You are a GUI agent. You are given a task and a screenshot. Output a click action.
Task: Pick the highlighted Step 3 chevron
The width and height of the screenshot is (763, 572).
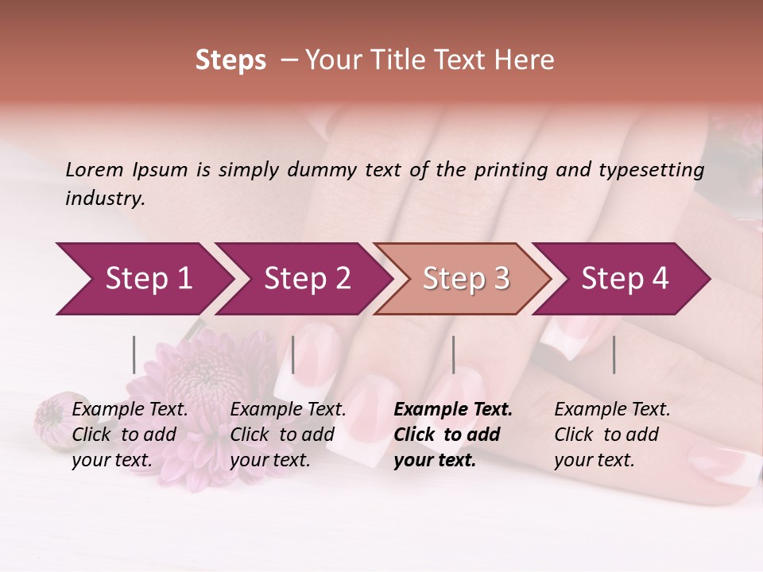pos(465,279)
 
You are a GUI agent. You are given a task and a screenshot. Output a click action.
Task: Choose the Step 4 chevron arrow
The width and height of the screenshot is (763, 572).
pos(624,279)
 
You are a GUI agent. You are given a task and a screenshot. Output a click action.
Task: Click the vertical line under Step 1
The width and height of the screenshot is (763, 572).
pos(134,354)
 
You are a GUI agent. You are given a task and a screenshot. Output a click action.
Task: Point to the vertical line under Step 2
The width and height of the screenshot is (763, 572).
pos(293,354)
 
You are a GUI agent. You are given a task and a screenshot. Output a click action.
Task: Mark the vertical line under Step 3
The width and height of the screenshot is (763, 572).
pos(454,354)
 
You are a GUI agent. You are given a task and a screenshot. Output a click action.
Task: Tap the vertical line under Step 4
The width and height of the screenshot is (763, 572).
pos(614,354)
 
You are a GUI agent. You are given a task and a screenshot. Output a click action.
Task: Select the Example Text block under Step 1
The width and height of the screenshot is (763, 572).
pos(130,435)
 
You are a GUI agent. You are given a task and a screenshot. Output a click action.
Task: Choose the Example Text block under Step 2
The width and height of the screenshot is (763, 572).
pos(288,435)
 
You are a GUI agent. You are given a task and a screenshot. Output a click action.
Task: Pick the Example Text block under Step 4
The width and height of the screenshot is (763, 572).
pos(612,435)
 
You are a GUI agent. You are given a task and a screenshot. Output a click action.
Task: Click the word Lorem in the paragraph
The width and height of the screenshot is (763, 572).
pos(95,170)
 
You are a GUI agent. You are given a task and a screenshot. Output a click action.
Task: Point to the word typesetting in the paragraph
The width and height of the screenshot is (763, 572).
pos(651,170)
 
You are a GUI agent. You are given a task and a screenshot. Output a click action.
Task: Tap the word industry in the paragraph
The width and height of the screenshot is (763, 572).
pos(104,199)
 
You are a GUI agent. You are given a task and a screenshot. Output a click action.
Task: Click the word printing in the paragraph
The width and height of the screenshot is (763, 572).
pos(509,170)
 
